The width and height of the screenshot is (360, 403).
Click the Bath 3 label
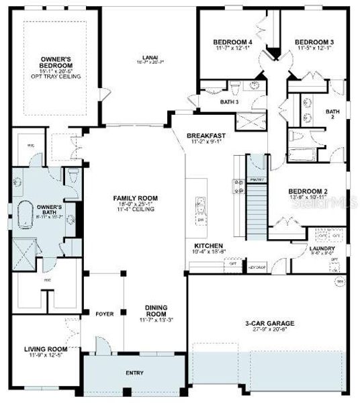(230, 102)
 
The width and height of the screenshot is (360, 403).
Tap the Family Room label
(134, 197)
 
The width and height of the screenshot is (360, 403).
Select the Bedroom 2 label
(308, 191)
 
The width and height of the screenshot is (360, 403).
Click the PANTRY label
(257, 180)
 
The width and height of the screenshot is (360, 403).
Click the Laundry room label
(318, 249)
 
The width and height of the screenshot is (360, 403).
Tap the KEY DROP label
(258, 267)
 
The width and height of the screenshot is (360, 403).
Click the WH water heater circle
(340, 281)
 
